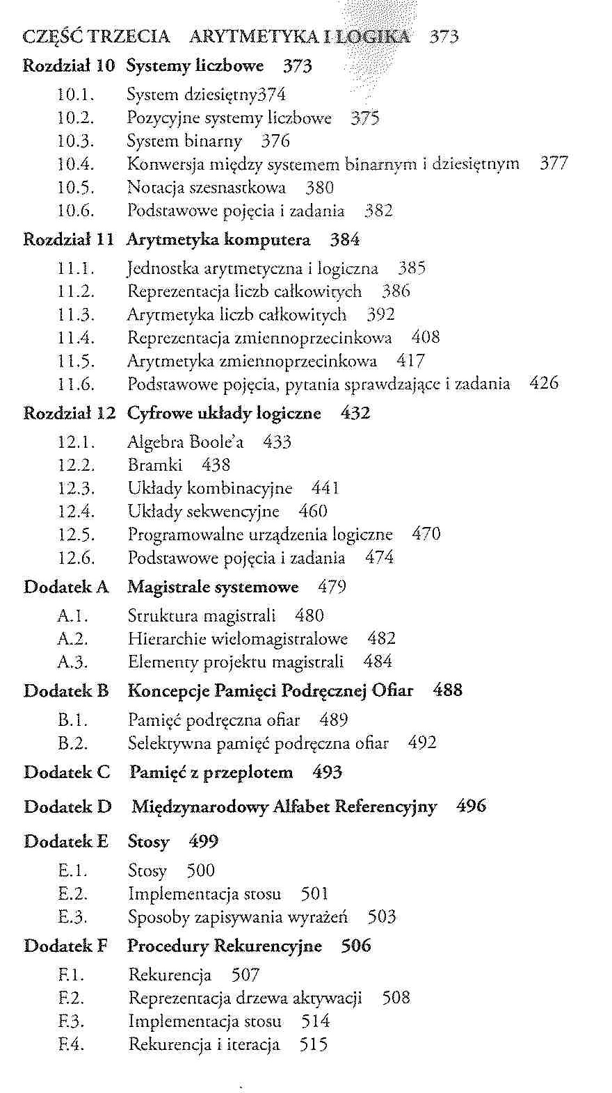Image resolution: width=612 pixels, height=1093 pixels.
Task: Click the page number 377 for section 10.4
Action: (554, 164)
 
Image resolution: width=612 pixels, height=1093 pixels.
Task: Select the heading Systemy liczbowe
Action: (195, 66)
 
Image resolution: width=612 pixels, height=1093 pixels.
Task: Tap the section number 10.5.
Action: (75, 188)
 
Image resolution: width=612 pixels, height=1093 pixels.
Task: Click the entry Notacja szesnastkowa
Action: (207, 188)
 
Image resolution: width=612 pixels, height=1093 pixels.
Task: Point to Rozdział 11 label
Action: (68, 240)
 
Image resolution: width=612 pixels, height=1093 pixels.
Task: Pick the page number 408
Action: (425, 338)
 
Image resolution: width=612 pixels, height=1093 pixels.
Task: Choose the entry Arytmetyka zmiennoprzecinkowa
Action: (252, 361)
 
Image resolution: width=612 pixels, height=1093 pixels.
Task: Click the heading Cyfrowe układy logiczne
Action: (224, 413)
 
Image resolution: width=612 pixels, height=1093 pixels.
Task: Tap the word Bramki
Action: (155, 465)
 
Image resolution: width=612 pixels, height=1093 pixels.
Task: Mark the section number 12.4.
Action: (75, 512)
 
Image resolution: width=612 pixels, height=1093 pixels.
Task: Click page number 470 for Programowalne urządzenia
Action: (426, 535)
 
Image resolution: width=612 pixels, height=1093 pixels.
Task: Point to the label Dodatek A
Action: (66, 587)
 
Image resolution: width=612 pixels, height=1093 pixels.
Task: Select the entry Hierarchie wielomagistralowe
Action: (237, 638)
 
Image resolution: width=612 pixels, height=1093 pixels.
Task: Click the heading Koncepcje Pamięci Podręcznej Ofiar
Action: (270, 690)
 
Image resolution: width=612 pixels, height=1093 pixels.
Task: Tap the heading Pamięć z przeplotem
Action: (211, 772)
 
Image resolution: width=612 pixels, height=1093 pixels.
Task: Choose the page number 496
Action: (471, 807)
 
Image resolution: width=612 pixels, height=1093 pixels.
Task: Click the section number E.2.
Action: (72, 894)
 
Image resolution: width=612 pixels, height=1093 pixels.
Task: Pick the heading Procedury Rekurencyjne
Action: (225, 946)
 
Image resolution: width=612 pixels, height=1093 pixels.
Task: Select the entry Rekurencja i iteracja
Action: (204, 1044)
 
